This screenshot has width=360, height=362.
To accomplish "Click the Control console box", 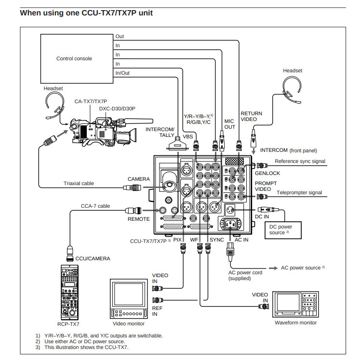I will coord(74,59).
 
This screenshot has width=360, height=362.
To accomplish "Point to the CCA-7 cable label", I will coord(95,206).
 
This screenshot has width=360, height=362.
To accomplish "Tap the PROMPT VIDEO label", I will coord(266,187).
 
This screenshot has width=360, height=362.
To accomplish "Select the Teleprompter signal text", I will coord(299,193).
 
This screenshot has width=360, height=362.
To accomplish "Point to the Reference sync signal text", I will coord(300,161).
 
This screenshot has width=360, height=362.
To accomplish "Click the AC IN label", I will coord(241,240).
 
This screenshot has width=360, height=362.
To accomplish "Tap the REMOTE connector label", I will coord(138,219).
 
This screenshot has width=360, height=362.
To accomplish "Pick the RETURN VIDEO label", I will coord(251,116).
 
